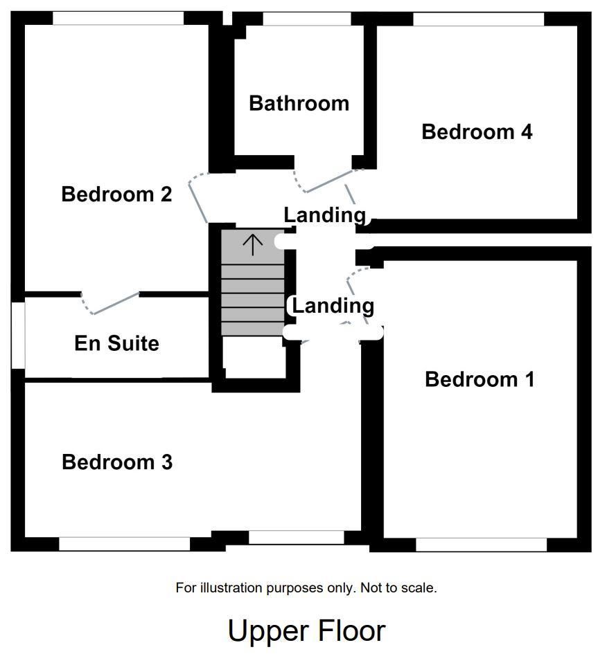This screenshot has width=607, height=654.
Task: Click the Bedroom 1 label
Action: [480, 379]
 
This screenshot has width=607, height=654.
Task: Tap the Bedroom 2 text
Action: [116, 194]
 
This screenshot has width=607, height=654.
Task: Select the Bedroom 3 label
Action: [117, 462]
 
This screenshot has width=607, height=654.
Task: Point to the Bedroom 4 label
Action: [477, 131]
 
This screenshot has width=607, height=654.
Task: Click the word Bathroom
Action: [299, 104]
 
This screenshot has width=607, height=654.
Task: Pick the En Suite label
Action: [116, 343]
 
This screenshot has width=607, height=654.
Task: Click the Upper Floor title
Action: [306, 631]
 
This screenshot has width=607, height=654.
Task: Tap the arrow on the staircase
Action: [253, 244]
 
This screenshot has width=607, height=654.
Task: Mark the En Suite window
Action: [18, 336]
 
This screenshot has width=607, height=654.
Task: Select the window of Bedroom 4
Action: [478, 19]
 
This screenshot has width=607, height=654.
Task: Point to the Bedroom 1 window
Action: [481, 545]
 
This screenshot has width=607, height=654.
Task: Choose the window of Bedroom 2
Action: [118, 19]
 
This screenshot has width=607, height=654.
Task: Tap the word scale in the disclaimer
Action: [419, 588]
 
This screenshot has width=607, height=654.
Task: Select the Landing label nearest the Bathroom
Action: [324, 215]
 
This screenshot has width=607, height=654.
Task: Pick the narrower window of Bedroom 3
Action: [296, 537]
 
